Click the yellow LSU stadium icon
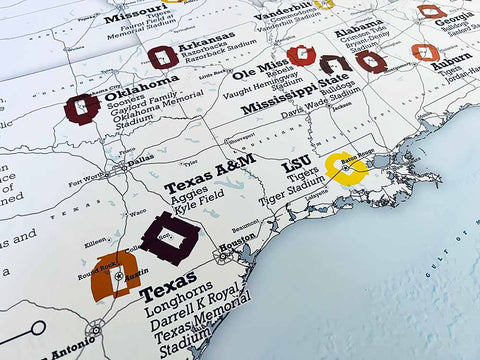(346, 169)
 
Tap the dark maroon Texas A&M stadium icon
(169, 237)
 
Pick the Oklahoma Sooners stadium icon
(81, 107)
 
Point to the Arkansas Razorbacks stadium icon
(162, 57)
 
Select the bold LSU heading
(295, 163)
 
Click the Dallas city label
(141, 158)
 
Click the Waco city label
(135, 213)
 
